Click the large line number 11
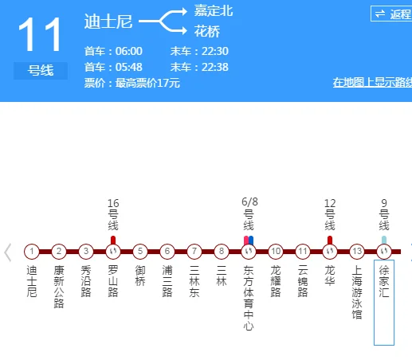[x=40, y=36]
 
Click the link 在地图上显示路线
[x=371, y=83]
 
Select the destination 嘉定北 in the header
[x=214, y=11]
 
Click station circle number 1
[x=31, y=252]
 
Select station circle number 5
[x=140, y=252]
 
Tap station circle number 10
[x=275, y=252]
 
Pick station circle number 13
[x=356, y=252]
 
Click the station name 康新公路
[x=58, y=287]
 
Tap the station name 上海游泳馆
[x=356, y=292]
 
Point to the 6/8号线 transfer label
[x=248, y=213]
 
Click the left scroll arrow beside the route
[x=8, y=252]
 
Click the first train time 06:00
[x=128, y=51]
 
